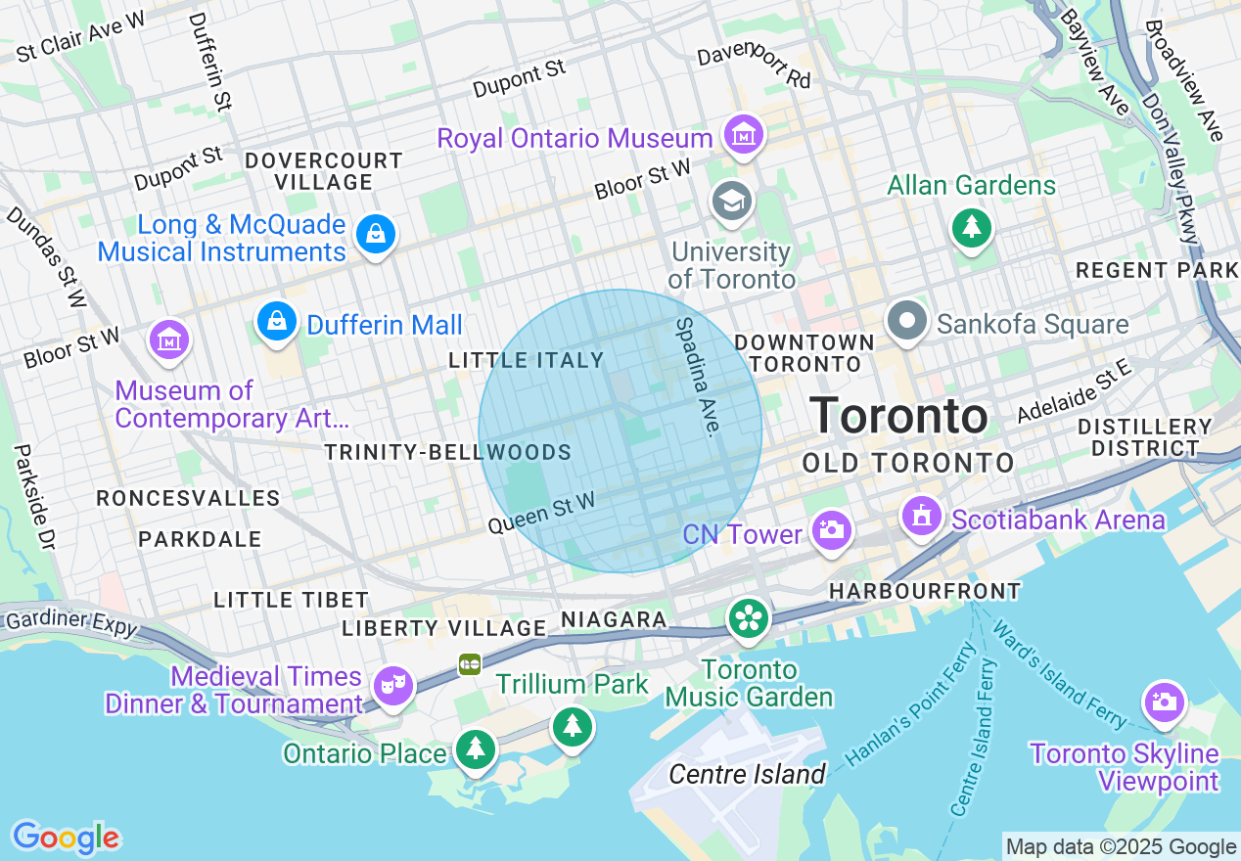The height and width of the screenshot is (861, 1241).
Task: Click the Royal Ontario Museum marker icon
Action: (x=744, y=134)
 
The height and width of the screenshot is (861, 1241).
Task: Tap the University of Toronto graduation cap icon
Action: (x=731, y=201)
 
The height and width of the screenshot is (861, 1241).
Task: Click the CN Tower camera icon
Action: (x=832, y=531)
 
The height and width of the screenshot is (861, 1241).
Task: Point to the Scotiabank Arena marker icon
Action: (x=921, y=516)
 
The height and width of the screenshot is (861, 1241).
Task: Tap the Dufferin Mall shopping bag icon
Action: (x=278, y=320)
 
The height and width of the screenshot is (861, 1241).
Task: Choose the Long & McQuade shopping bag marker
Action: (x=375, y=234)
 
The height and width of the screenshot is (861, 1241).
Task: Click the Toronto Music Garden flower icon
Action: (x=749, y=618)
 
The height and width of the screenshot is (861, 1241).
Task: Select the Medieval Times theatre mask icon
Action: (x=393, y=685)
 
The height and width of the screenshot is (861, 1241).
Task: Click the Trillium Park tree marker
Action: (x=573, y=726)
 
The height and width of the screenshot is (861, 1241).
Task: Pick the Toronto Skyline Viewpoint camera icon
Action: (x=1164, y=702)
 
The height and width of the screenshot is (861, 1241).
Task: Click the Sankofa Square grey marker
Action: (x=907, y=321)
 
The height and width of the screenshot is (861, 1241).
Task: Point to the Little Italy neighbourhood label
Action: (x=527, y=361)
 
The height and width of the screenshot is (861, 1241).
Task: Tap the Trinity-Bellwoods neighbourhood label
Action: (x=447, y=452)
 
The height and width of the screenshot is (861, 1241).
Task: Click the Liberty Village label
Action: (x=443, y=628)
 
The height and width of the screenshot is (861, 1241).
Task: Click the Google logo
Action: (x=66, y=838)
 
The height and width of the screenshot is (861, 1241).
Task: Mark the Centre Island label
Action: (x=748, y=775)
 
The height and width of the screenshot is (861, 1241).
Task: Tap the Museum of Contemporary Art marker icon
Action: (x=169, y=340)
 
